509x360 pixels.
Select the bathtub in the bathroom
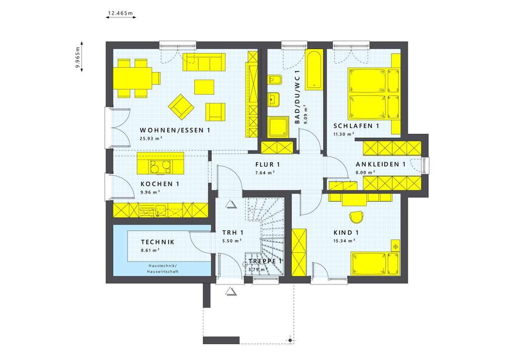(x=313, y=69)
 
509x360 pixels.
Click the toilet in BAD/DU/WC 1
(x=274, y=80)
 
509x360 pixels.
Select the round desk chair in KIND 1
(x=356, y=217)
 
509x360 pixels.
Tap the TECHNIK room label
(x=158, y=242)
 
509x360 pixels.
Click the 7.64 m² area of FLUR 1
(x=265, y=173)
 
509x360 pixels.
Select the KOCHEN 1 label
(x=160, y=184)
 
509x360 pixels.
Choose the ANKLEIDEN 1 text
(x=381, y=164)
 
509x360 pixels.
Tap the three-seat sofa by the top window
(x=203, y=62)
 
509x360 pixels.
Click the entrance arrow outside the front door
(x=230, y=290)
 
